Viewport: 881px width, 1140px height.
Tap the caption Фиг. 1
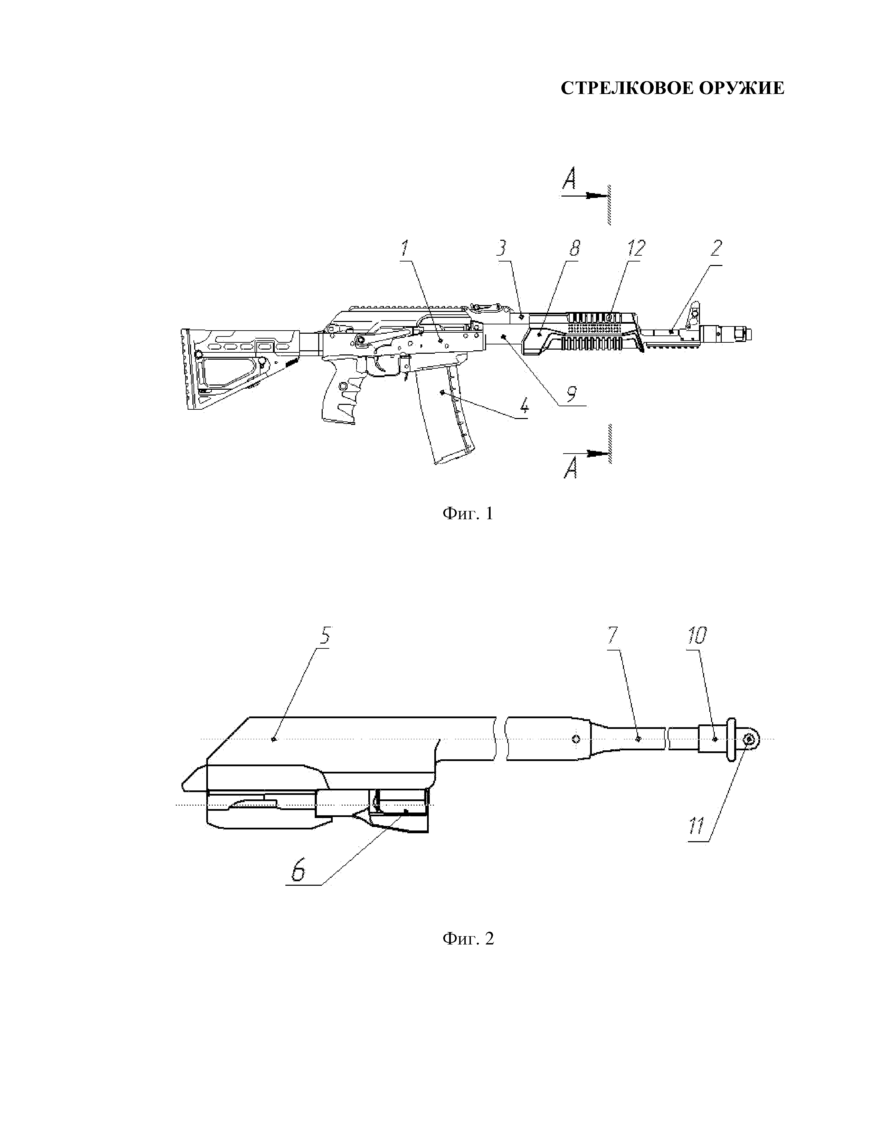468,514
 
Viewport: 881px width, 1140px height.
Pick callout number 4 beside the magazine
523,405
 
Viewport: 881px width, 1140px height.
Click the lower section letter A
571,470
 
